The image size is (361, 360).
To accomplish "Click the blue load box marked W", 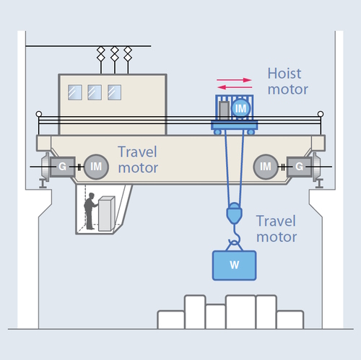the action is (x=234, y=265).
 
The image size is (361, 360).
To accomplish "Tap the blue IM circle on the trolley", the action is (x=240, y=108).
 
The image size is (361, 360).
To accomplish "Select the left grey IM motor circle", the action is (x=96, y=167).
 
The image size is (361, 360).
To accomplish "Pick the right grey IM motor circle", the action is (x=266, y=167).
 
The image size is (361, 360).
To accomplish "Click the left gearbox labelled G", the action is (x=62, y=167).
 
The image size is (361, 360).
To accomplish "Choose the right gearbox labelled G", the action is (x=299, y=167).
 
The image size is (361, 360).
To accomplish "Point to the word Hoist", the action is (x=284, y=74).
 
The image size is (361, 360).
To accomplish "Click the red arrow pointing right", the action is (x=234, y=80).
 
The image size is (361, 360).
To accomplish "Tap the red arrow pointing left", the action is (x=235, y=87).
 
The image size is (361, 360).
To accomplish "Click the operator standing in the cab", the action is (x=90, y=211).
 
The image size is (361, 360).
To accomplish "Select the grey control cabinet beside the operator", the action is (x=106, y=214).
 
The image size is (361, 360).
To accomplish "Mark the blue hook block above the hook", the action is (x=234, y=213).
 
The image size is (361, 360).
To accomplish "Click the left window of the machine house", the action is (x=75, y=92).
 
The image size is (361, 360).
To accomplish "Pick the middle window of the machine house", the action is (x=95, y=92).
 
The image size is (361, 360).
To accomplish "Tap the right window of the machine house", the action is (x=114, y=92).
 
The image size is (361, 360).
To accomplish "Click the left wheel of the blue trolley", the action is (x=217, y=132).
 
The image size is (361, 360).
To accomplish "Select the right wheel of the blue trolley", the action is (x=251, y=132).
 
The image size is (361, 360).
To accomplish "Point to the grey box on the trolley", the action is (x=224, y=110).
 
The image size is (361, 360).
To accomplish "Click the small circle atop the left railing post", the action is (x=39, y=114).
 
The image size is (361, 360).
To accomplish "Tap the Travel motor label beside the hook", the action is (x=277, y=229).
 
